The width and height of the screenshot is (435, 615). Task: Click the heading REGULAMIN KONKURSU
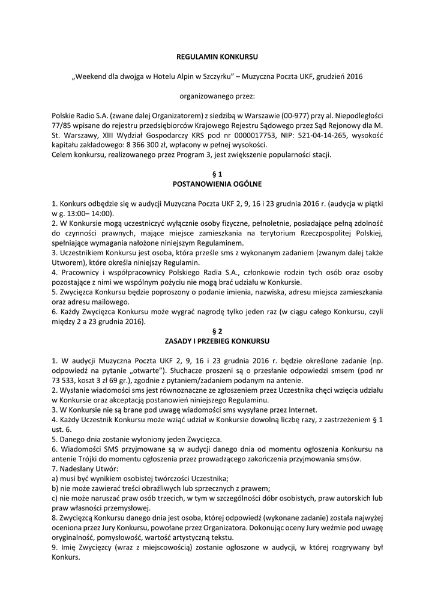click(x=217, y=56)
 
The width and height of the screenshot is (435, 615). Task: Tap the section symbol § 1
click(x=217, y=173)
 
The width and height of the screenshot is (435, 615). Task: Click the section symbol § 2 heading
click(x=217, y=330)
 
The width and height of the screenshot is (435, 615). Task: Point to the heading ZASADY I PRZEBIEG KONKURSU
click(x=217, y=340)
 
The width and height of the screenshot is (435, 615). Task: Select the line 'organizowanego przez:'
click(x=217, y=95)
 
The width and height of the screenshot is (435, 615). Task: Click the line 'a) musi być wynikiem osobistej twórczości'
click(x=140, y=478)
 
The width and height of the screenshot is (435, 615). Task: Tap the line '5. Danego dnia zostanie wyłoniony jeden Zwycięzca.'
click(x=137, y=438)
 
